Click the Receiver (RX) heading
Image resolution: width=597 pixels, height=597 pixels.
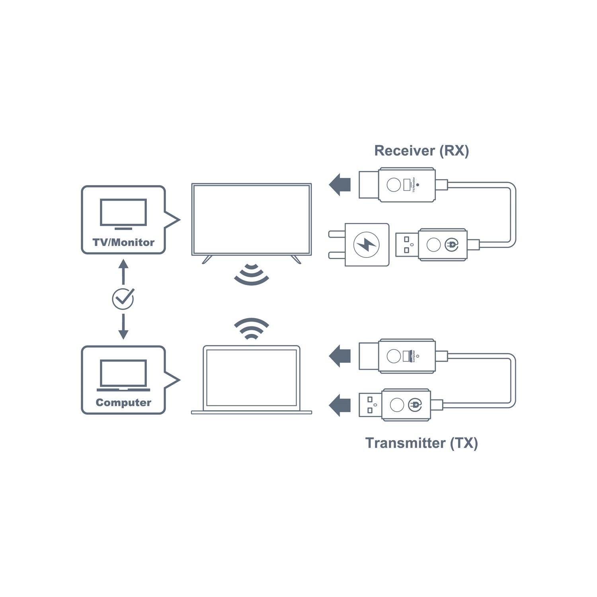click(421, 151)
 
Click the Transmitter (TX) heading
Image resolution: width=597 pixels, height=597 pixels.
click(421, 443)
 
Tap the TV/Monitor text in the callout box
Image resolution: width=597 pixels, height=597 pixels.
click(123, 242)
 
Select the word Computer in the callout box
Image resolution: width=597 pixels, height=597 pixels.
click(123, 402)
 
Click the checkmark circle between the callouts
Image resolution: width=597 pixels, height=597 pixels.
click(123, 298)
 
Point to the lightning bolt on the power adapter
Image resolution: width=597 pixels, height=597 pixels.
click(367, 244)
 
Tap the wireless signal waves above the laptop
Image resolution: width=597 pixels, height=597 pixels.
click(251, 328)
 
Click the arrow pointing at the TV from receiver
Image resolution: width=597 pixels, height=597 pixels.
click(340, 185)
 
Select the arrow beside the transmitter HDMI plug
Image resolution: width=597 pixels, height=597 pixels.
click(340, 356)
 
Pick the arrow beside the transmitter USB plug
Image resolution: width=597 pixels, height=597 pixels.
click(340, 405)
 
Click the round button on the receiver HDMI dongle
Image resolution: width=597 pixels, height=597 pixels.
click(394, 185)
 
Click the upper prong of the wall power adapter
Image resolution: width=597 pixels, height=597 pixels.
click(337, 234)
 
